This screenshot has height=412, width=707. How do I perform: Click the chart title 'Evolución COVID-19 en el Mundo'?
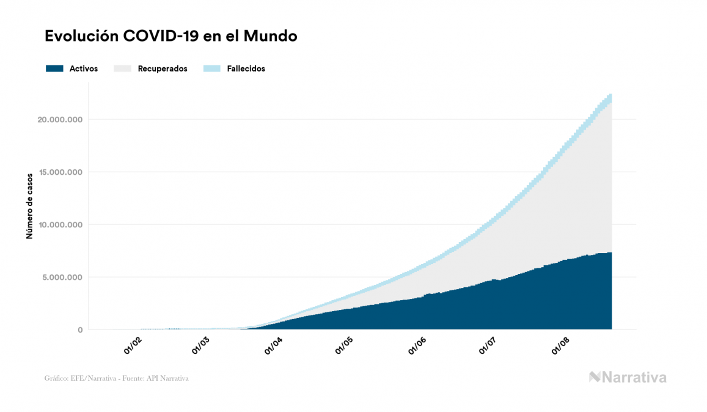pos(171,36)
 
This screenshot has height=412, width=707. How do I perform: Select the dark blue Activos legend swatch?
pos(54,68)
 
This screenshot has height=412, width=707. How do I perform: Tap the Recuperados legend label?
pos(163,68)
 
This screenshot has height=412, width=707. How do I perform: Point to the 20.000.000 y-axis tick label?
pos(60,119)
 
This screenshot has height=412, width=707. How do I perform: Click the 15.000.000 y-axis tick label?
pos(60,172)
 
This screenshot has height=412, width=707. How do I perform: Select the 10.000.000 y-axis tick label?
pos(60,224)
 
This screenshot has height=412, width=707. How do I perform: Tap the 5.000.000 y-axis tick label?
pos(62,277)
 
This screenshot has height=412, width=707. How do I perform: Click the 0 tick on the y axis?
pos(79,329)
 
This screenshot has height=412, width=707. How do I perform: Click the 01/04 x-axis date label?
pos(273,345)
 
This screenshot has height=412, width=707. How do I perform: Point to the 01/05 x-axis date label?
pos(345,345)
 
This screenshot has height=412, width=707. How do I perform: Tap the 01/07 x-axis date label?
pos(487,345)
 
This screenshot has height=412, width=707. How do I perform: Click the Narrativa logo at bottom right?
pos(627,377)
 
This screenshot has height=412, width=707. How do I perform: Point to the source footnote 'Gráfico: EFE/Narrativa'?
pos(116,378)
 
